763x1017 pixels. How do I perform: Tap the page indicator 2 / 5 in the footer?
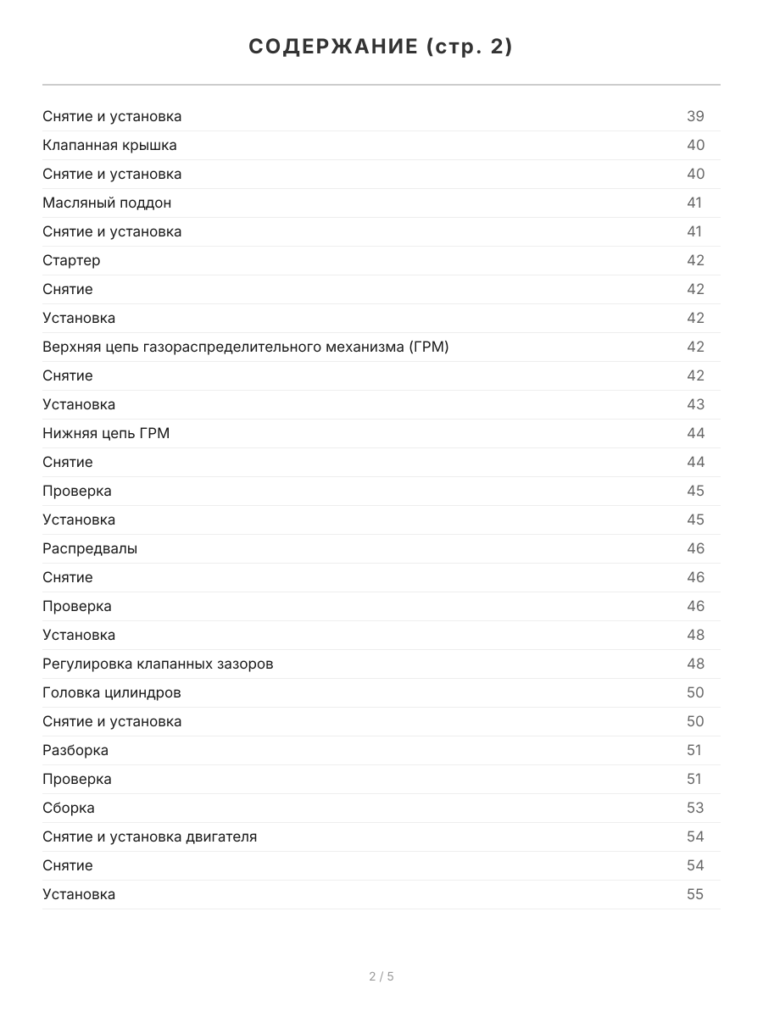[x=381, y=976]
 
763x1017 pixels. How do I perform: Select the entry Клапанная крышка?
[x=109, y=145]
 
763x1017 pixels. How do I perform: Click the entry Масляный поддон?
[x=107, y=203]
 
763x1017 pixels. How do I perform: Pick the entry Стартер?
[x=71, y=260]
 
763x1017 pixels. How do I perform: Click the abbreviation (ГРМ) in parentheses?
[x=428, y=347]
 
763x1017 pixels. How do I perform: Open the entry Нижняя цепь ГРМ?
[x=106, y=433]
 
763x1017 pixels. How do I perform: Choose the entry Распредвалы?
[x=90, y=548]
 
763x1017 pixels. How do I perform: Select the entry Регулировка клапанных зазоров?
[x=158, y=664]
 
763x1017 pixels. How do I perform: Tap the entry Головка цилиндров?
[x=112, y=692]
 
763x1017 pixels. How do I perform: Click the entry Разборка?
[x=75, y=750]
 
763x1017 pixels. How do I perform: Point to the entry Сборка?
[x=69, y=808]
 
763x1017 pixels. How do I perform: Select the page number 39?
[x=695, y=116]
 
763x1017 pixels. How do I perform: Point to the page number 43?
[x=695, y=404]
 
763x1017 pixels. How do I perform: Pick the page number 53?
[x=695, y=808]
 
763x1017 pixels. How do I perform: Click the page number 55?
[x=695, y=894]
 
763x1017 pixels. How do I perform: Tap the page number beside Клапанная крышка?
[x=695, y=145]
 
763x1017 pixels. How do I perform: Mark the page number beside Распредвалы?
[x=695, y=548]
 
